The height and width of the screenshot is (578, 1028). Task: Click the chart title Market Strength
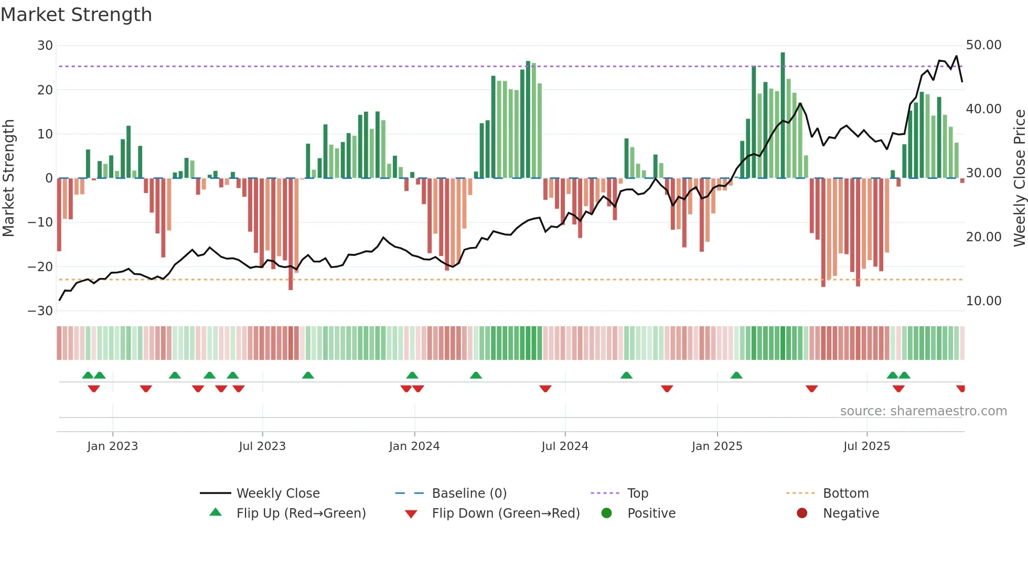pyautogui.click(x=76, y=15)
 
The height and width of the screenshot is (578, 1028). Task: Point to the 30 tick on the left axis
pyautogui.click(x=45, y=46)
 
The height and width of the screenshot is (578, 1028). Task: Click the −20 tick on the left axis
pyautogui.click(x=41, y=266)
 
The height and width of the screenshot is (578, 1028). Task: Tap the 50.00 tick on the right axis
pyautogui.click(x=983, y=45)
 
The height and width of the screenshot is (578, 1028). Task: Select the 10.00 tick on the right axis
pyautogui.click(x=983, y=301)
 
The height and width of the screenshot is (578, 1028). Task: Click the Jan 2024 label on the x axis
pyautogui.click(x=414, y=446)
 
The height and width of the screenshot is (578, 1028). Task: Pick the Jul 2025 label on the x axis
pyautogui.click(x=866, y=446)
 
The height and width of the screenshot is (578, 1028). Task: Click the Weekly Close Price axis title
pyautogui.click(x=1019, y=178)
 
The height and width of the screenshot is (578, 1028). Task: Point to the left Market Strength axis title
pyautogui.click(x=8, y=178)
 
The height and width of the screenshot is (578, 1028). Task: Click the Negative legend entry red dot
pyautogui.click(x=802, y=513)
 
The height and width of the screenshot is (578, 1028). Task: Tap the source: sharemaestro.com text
pyautogui.click(x=923, y=411)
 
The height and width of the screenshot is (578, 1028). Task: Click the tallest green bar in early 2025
pyautogui.click(x=783, y=115)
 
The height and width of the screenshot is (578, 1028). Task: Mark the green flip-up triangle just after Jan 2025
pyautogui.click(x=736, y=376)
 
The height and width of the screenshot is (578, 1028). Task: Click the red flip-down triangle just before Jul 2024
pyautogui.click(x=545, y=389)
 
